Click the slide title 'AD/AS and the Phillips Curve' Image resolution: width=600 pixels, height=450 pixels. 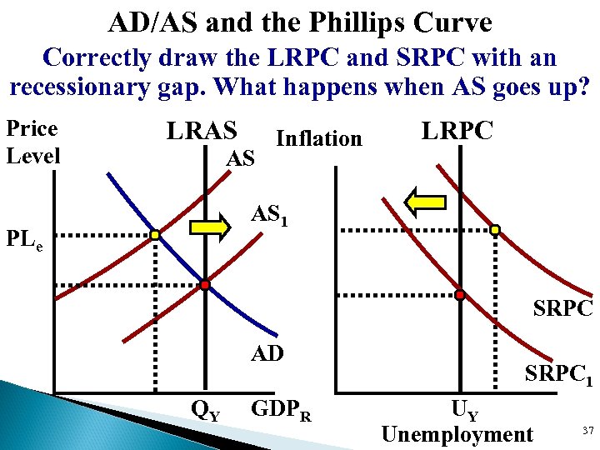[x=299, y=22]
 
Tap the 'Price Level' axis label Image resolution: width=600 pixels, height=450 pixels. [x=32, y=141]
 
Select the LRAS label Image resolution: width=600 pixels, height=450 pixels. [x=202, y=131]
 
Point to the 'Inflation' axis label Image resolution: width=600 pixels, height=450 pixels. [x=318, y=138]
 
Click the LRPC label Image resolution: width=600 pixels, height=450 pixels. [x=457, y=131]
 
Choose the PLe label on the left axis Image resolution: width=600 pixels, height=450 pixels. [x=27, y=242]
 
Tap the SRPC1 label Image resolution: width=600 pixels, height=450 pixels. [x=558, y=376]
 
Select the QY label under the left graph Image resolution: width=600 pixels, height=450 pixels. [x=206, y=409]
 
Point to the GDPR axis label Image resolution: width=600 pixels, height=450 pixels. [x=281, y=409]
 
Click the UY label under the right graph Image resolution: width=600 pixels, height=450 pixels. [x=464, y=409]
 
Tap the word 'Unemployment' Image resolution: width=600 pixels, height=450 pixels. [x=456, y=433]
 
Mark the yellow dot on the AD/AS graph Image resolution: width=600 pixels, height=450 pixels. [x=155, y=236]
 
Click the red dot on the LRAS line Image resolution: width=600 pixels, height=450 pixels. [x=205, y=285]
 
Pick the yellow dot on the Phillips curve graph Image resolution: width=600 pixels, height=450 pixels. [x=495, y=230]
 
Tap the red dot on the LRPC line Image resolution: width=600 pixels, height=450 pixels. [x=459, y=293]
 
